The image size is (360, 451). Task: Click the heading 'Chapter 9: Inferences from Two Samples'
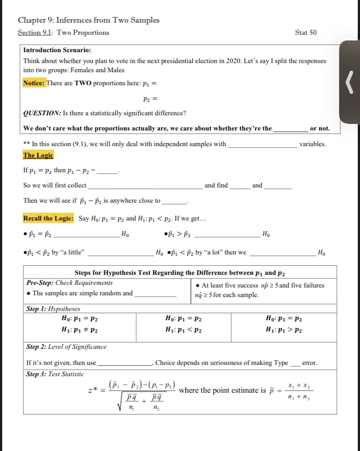[89, 20]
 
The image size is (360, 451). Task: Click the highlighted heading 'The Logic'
[38, 155]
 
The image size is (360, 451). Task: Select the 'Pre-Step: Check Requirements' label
[70, 283]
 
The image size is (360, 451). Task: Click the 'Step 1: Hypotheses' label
[53, 309]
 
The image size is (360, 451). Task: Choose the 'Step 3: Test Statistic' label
[55, 374]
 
